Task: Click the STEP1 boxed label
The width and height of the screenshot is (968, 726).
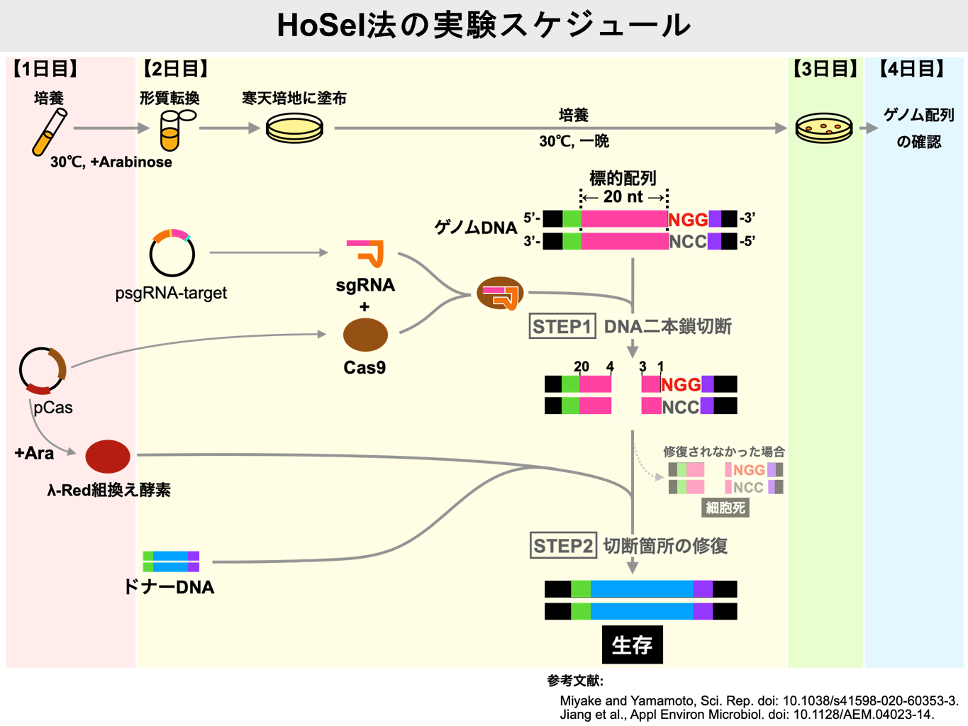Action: tap(562, 326)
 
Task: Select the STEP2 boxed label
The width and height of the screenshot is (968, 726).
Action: tap(563, 546)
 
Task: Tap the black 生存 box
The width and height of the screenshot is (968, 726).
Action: tap(632, 644)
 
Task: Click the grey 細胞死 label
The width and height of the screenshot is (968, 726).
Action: tap(725, 508)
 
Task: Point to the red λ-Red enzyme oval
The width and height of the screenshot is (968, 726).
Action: tap(108, 457)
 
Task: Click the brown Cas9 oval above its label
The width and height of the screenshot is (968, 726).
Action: tap(365, 335)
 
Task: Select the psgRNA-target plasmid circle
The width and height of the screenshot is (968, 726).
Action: tap(172, 254)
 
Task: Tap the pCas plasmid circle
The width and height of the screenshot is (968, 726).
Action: tap(43, 370)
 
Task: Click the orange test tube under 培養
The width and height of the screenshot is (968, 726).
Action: tap(49, 133)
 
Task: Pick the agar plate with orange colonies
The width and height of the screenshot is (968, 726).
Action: tap(823, 128)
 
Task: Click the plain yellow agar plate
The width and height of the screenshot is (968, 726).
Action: tap(294, 128)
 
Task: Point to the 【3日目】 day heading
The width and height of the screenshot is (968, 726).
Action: tap(825, 69)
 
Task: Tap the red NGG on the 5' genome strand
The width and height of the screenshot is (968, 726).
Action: tap(688, 220)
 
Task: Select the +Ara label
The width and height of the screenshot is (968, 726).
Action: tap(34, 453)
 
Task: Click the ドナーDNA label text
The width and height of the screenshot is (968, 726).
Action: tap(169, 587)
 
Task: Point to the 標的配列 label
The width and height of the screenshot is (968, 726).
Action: tap(623, 178)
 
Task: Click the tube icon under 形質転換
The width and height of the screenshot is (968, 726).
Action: tap(171, 131)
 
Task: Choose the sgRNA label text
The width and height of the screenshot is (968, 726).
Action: tap(365, 286)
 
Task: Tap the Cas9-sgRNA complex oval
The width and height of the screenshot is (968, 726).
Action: tap(500, 294)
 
